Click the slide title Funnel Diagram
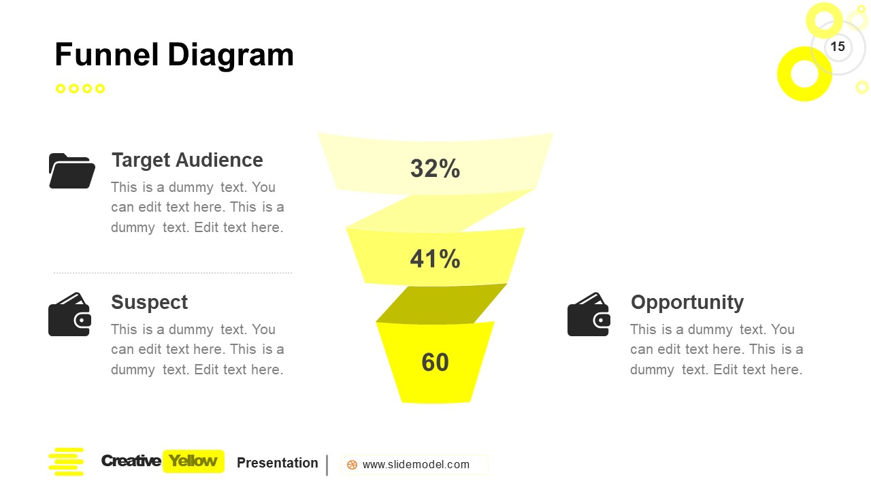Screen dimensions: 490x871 [174, 55]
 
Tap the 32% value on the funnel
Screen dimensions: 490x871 [435, 169]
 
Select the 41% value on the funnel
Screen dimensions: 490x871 [435, 259]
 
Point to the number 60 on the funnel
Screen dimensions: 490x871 [435, 363]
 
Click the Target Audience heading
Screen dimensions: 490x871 [187, 160]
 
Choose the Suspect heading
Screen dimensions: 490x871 [149, 302]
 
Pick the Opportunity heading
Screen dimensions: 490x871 [687, 302]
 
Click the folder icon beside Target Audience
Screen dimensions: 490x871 [71, 171]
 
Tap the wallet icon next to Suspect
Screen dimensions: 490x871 [69, 314]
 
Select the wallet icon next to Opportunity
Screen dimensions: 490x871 [589, 314]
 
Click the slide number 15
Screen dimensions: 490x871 [838, 46]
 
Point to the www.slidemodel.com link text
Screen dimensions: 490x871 [416, 465]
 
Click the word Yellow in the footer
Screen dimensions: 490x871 [193, 461]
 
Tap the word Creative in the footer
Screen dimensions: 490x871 [131, 461]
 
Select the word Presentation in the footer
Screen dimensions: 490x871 [278, 463]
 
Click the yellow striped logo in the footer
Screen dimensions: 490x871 [66, 461]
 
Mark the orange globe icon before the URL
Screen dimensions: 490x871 [352, 465]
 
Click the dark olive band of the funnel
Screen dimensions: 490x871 [442, 304]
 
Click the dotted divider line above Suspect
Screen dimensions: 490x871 [173, 273]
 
